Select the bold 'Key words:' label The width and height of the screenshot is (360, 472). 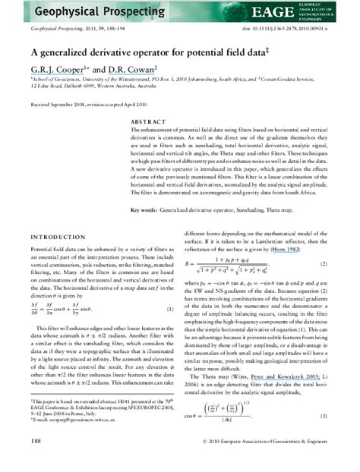[145, 208]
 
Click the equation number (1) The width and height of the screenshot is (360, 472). [170, 309]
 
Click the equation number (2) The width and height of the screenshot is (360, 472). [325, 263]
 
